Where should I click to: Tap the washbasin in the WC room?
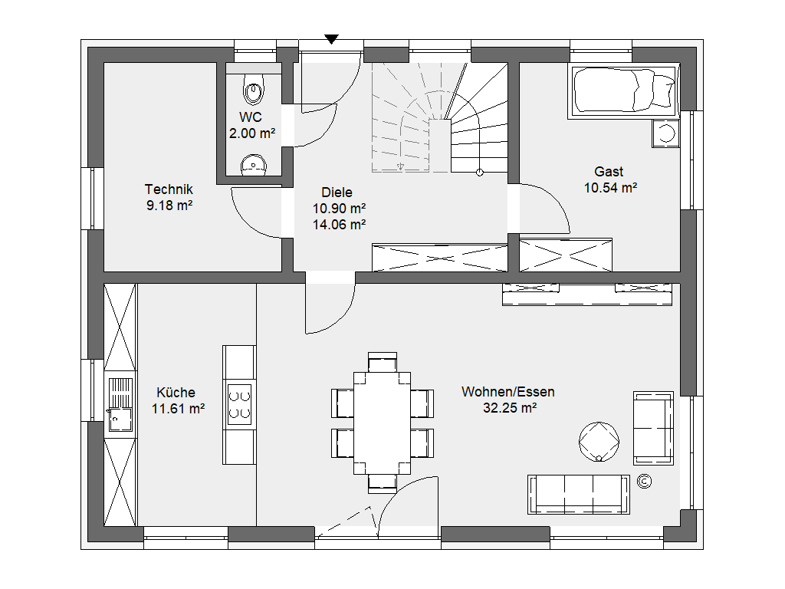tap(254, 165)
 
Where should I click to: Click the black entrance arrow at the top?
tap(331, 39)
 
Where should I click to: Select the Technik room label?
tap(169, 189)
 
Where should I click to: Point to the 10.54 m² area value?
tap(610, 188)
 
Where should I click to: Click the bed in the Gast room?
tap(623, 90)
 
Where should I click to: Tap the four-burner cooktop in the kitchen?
tap(239, 404)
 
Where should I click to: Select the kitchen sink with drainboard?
tap(120, 404)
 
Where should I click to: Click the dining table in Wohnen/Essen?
tap(382, 423)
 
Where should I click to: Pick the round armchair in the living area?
tap(599, 442)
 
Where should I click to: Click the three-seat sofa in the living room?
tap(579, 495)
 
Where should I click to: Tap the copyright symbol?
tap(644, 482)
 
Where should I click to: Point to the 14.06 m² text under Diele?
tap(339, 225)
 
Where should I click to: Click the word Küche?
tap(176, 392)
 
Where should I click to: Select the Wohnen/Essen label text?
tap(507, 392)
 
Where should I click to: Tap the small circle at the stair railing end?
tap(480, 173)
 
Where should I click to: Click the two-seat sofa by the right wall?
tap(653, 428)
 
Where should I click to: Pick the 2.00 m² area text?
tap(252, 133)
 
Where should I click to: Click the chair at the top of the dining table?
tap(383, 362)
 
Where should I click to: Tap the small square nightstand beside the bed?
tap(665, 133)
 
